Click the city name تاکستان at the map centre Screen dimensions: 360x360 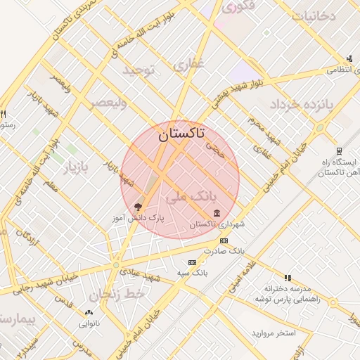(181, 133)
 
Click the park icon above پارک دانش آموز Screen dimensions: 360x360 (138, 207)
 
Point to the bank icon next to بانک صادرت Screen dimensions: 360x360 (224, 240)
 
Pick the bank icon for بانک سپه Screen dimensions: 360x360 (192, 262)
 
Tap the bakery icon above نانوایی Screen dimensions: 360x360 (89, 313)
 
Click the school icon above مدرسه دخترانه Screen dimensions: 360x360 (287, 278)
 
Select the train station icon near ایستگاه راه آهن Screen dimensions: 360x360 (339, 150)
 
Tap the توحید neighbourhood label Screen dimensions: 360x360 (138, 70)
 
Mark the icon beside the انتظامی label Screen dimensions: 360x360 (349, 58)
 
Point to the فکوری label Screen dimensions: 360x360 (238, 8)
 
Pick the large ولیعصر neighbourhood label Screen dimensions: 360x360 (108, 103)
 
